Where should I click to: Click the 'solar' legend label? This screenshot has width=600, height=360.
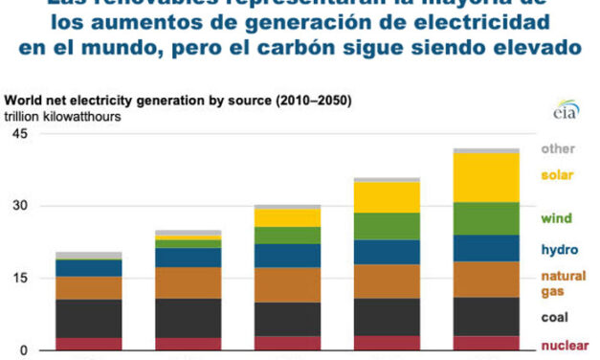(557, 174)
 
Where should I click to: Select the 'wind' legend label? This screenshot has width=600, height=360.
(556, 218)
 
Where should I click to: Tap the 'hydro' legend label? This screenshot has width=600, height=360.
(558, 250)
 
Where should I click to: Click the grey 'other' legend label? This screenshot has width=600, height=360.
(557, 148)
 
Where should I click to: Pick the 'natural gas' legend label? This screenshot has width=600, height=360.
(560, 282)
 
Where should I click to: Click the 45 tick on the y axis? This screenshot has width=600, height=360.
(18, 134)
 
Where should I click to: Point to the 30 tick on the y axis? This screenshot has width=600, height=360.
(18, 206)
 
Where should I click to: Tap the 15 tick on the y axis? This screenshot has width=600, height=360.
(18, 279)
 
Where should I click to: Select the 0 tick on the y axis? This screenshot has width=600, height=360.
(23, 350)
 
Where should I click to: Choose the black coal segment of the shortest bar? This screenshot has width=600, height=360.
(89, 318)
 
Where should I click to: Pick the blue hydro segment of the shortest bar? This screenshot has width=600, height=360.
(89, 268)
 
